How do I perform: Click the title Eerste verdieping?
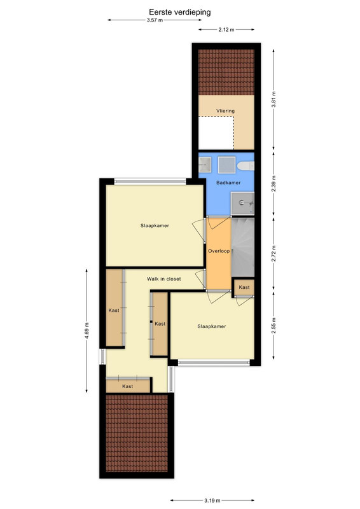click(x=179, y=12)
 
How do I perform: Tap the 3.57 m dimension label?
click(x=155, y=20)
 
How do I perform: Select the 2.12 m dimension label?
click(x=226, y=29)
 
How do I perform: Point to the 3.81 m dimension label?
click(x=273, y=100)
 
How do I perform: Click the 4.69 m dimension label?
click(x=87, y=331)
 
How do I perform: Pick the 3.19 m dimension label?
click(x=212, y=501)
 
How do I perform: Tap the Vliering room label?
click(x=226, y=111)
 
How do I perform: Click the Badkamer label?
click(x=228, y=183)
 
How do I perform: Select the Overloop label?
click(x=219, y=251)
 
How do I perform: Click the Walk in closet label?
click(x=164, y=279)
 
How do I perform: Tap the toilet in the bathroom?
click(x=246, y=166)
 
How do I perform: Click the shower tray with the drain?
click(x=242, y=203)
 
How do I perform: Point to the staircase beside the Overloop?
click(x=242, y=247)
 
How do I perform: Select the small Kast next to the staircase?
click(x=244, y=288)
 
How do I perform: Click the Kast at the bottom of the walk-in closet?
click(x=128, y=386)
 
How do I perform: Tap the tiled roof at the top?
click(x=226, y=72)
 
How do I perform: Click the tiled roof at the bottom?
click(x=137, y=433)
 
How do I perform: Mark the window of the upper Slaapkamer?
click(x=150, y=181)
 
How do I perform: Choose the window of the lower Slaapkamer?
click(x=214, y=363)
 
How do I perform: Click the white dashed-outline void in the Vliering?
click(x=216, y=133)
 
